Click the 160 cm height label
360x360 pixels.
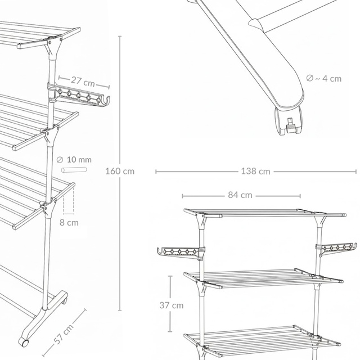(x=120, y=171)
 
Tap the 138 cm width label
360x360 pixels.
(x=256, y=171)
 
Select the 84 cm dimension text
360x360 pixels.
(x=240, y=196)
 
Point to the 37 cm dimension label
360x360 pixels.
(x=170, y=305)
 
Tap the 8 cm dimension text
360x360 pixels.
(x=69, y=222)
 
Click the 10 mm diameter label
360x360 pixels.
(x=78, y=160)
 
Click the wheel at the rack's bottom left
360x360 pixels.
(x=24, y=341)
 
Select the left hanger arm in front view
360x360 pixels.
(x=178, y=251)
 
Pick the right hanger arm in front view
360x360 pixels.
(x=337, y=247)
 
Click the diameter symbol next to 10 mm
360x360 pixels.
(x=60, y=160)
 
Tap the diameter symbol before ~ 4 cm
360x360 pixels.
(x=309, y=78)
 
